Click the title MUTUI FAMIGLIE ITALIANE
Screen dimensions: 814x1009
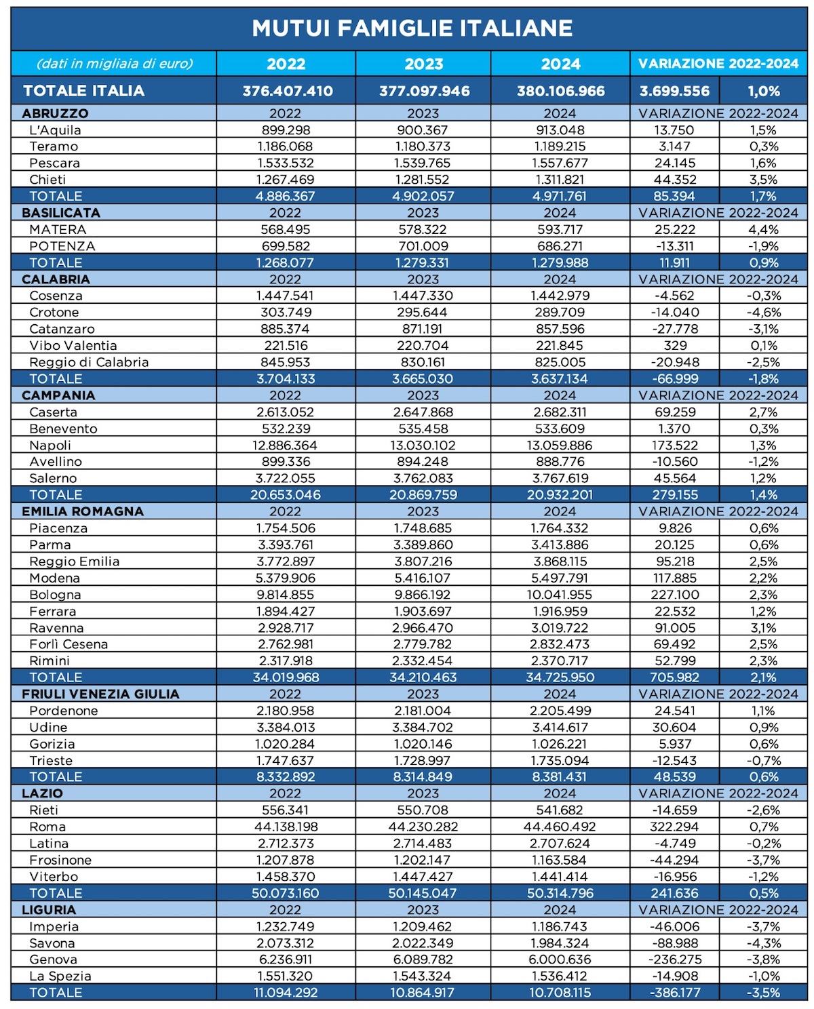[x=412, y=28]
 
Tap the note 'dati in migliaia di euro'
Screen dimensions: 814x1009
[x=115, y=63]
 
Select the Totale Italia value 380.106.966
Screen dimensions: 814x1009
[x=561, y=91]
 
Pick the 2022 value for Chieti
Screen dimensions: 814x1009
[x=286, y=180]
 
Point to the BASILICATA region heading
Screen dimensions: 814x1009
[x=61, y=213]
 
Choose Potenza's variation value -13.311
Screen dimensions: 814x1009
[x=675, y=246]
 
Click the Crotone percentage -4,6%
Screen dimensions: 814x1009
[x=764, y=313]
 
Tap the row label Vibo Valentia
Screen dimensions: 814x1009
[x=73, y=346]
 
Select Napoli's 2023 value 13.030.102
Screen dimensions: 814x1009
[x=423, y=445]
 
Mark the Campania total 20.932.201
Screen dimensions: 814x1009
[x=560, y=494]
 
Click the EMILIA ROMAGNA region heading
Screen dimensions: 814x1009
[x=83, y=511]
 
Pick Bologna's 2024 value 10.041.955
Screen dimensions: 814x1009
[x=560, y=595]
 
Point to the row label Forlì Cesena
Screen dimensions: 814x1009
[x=69, y=644]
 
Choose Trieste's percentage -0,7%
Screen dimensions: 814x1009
[x=764, y=761]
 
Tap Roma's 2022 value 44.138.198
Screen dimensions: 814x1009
[x=286, y=827]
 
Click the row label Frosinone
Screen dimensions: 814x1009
[x=60, y=860]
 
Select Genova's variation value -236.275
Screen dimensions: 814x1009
[x=675, y=959]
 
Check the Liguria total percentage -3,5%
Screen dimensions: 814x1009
[x=764, y=993]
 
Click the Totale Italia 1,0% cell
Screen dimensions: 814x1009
[x=764, y=91]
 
